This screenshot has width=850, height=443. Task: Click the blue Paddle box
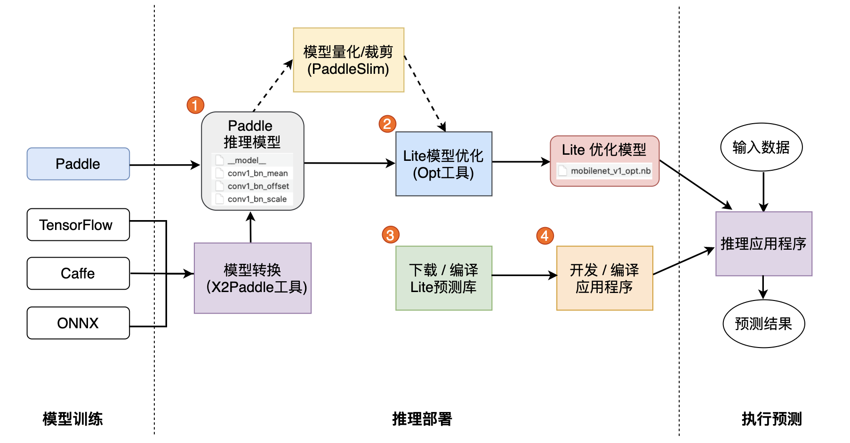pos(78,164)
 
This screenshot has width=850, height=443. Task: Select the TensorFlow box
pos(78,225)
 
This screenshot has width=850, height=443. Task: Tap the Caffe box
pos(78,273)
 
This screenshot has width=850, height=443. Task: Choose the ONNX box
pos(78,323)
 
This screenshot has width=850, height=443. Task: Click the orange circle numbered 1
pos(195,105)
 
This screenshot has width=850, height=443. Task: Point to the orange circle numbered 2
pos(387,124)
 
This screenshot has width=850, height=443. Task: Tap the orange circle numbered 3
pos(391,235)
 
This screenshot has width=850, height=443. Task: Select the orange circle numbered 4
pos(545,236)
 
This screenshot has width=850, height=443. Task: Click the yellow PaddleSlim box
pos(348,60)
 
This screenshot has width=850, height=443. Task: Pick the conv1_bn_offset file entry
pos(257,186)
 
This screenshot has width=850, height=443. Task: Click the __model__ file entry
pos(247,160)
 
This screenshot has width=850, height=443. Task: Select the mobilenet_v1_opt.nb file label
pos(610,171)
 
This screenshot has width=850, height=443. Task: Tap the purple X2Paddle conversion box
pos(253,278)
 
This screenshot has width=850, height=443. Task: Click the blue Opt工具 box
pos(443,164)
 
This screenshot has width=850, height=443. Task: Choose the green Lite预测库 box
pos(443,278)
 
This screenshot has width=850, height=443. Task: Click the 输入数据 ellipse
pos(761,147)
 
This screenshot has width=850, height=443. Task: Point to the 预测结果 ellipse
pos(763,324)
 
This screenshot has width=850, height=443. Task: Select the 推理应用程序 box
pos(763,244)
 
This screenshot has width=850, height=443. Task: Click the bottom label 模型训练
pos(72,419)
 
